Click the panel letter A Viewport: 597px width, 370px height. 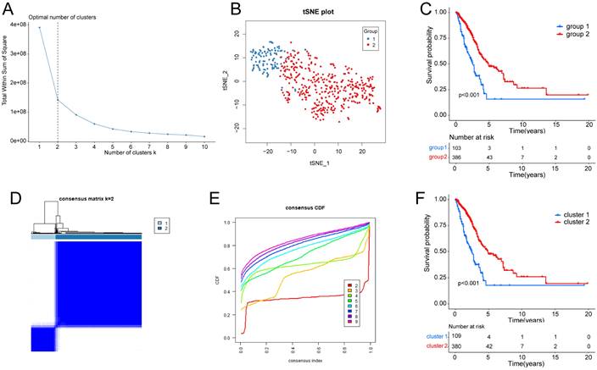pyautogui.click(x=11, y=8)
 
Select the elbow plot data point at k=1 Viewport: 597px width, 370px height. pyautogui.click(x=39, y=28)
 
